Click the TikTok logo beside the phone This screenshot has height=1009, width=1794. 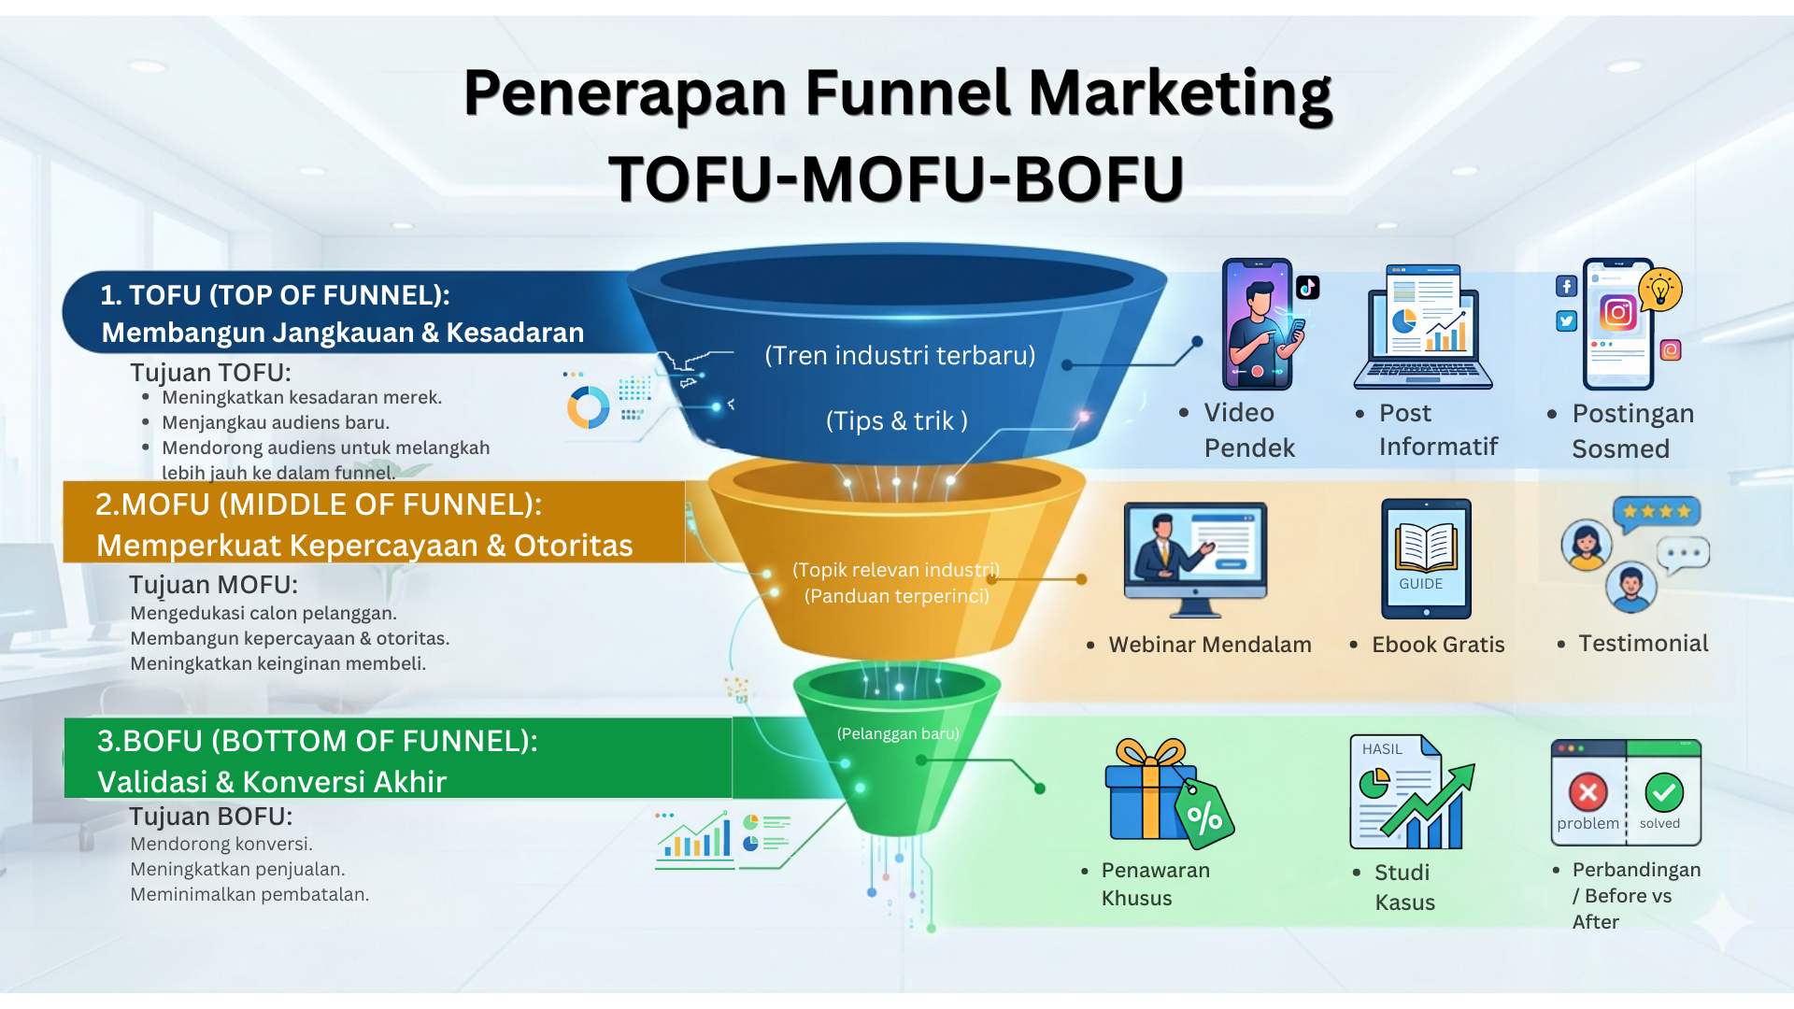(x=1307, y=287)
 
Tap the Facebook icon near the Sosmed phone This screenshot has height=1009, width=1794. (x=1566, y=286)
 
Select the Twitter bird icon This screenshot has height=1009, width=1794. (x=1566, y=321)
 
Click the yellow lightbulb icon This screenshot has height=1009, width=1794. (x=1660, y=290)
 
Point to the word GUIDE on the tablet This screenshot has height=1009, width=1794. (x=1420, y=584)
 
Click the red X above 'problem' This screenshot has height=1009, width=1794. (x=1588, y=792)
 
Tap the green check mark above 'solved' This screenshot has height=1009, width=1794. (x=1663, y=792)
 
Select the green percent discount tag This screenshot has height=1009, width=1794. (x=1204, y=814)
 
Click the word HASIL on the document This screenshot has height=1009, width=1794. (x=1382, y=749)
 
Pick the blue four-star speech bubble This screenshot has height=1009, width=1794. (x=1657, y=512)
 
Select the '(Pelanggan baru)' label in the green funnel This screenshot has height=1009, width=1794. (x=898, y=733)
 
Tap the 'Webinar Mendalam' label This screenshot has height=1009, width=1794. (x=1209, y=645)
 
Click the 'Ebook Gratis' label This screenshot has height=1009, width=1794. (x=1438, y=645)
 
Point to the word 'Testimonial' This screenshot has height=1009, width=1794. (x=1643, y=644)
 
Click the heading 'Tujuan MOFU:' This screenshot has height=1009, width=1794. (x=213, y=585)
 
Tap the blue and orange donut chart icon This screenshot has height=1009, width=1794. (x=589, y=407)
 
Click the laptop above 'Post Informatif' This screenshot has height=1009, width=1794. (x=1422, y=329)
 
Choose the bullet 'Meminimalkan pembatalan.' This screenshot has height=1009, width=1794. (x=249, y=894)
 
